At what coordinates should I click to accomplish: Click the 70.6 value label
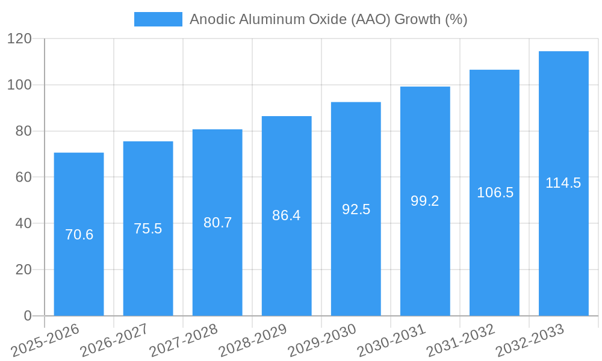tap(79, 235)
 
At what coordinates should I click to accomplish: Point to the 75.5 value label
tap(148, 229)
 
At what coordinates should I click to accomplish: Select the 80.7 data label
tap(217, 223)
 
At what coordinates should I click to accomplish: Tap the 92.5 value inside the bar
tap(356, 209)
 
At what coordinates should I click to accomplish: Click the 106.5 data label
tap(495, 193)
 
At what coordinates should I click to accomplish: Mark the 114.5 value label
tap(563, 183)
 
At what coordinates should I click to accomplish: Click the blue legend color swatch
tap(158, 19)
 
